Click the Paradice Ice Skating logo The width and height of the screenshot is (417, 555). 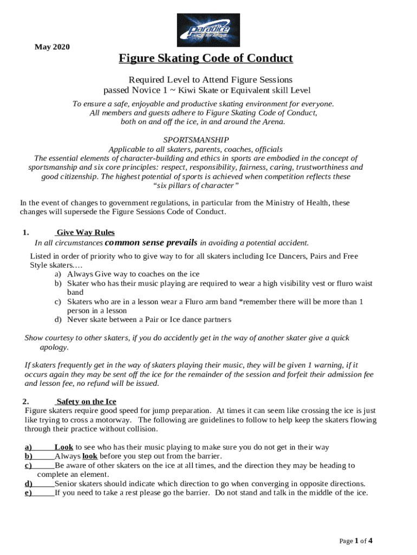[208, 30]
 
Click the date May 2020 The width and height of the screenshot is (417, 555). [52, 47]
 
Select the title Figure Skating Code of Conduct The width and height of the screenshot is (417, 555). [206, 59]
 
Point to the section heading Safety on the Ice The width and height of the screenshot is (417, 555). [86, 402]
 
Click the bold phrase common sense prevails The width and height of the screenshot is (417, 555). [151, 242]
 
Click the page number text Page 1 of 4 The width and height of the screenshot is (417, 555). [356, 541]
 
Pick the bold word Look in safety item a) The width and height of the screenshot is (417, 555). [64, 447]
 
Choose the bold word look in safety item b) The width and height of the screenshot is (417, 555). [90, 456]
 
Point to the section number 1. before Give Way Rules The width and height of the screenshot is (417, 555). [26, 233]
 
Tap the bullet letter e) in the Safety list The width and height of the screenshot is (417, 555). [28, 493]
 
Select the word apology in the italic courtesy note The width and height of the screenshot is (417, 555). [54, 347]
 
